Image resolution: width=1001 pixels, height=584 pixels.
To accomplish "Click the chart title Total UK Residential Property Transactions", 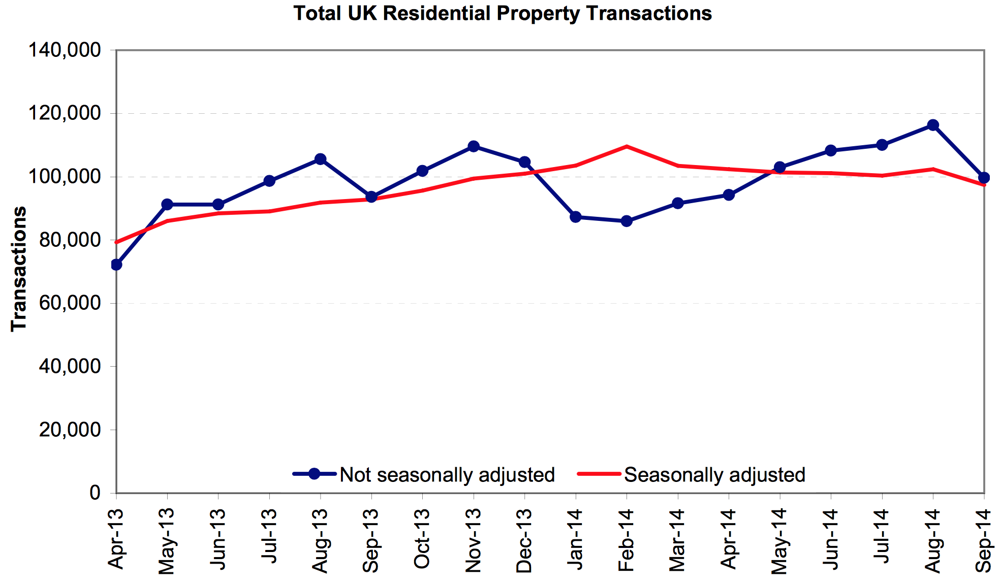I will [502, 13].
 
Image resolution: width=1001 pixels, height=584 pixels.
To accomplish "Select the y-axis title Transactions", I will [19, 269].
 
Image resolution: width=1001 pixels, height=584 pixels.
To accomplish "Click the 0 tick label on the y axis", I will [95, 493].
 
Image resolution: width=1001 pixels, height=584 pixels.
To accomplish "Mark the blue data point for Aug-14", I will [933, 125].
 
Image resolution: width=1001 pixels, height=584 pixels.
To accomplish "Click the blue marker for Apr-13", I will [116, 265].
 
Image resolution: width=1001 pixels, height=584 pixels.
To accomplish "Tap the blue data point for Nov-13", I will [474, 146].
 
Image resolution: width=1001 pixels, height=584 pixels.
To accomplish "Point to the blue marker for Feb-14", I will [627, 221].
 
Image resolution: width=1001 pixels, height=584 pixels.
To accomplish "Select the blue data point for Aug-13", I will [320, 159].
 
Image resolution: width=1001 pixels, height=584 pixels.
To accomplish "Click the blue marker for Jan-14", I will [576, 217].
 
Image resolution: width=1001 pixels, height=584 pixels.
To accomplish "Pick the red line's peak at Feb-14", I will [627, 146].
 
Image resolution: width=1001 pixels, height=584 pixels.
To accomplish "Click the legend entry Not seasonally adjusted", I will [447, 474].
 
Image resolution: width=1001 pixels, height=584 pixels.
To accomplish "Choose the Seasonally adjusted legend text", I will [714, 474].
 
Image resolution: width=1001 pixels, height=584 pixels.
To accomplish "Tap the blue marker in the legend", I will [314, 474].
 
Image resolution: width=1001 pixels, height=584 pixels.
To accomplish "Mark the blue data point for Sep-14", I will [984, 177].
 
